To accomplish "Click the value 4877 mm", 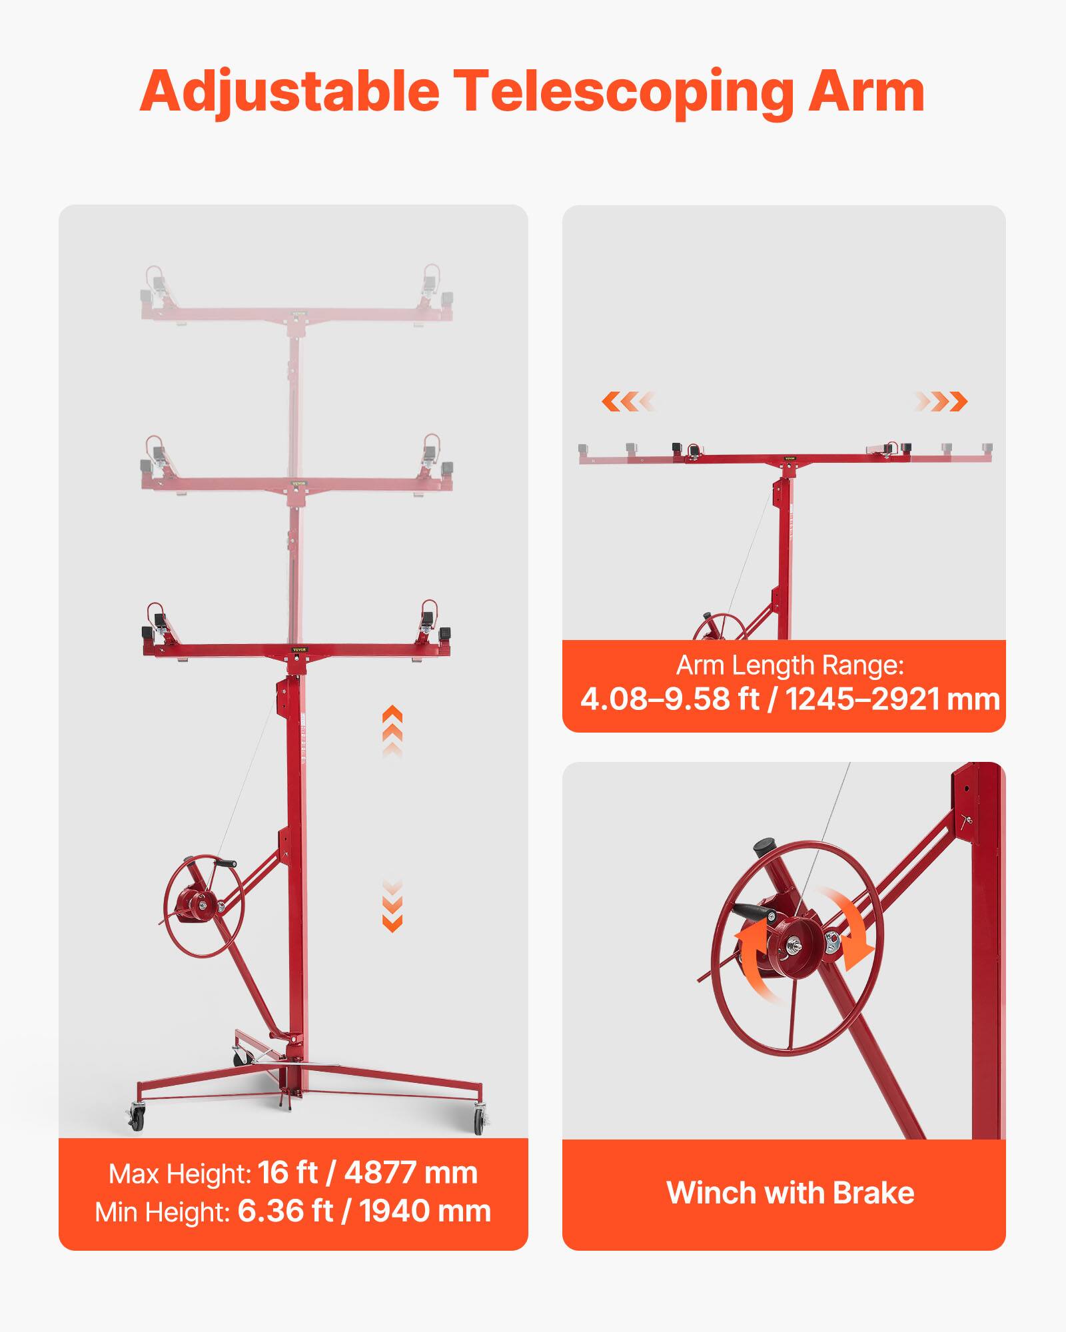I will [411, 1173].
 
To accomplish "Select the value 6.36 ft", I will [285, 1211].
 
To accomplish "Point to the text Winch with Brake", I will [790, 1193].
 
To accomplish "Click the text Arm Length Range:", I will [790, 665].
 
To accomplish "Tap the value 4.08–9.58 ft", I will [670, 699].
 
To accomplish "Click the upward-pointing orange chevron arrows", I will [392, 730].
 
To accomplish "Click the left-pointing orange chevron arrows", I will [628, 402].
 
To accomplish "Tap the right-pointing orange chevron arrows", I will [941, 402].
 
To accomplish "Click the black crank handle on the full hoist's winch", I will [225, 864].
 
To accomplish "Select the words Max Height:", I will [180, 1174].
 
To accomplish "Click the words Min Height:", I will [163, 1212].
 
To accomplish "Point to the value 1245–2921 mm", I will [893, 699].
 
